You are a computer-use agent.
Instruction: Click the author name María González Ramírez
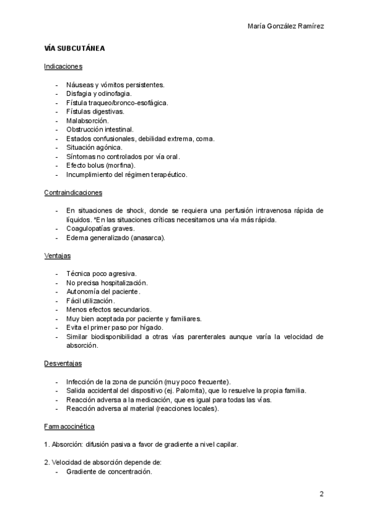pos(286,26)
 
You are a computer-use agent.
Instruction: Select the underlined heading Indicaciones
pos(63,66)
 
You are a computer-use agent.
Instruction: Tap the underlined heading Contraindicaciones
pos(73,192)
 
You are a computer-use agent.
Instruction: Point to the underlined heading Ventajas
pos(57,255)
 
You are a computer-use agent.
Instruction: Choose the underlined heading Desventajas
pos(63,363)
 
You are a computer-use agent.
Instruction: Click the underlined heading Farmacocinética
pos(69,426)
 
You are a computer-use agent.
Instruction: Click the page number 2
pos(321,494)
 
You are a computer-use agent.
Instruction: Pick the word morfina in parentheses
pos(119,165)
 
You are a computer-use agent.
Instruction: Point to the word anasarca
pos(148,237)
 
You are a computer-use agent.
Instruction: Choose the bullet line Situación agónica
pos(94,147)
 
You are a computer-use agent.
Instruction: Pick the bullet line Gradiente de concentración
pos(109,472)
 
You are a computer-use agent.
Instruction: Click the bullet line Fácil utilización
pos(90,300)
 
